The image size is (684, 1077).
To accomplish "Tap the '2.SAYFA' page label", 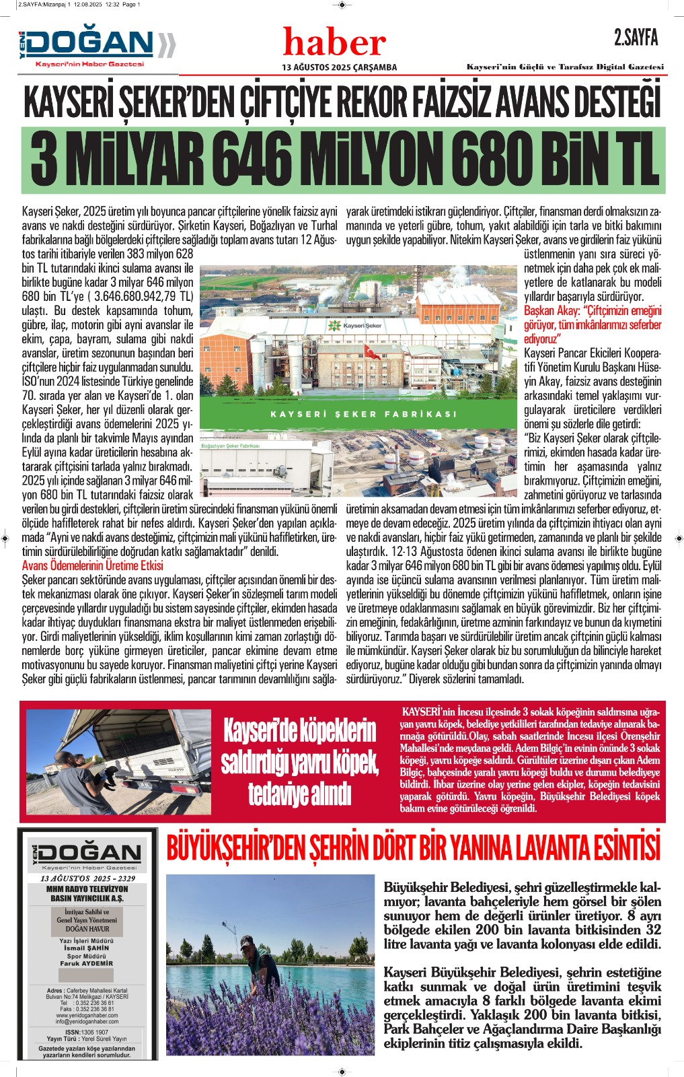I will [636, 38].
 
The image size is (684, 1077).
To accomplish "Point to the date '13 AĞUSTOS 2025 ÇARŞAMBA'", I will [339, 67].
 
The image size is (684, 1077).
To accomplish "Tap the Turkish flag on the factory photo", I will [371, 351].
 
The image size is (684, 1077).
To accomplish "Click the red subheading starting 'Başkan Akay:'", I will [592, 318].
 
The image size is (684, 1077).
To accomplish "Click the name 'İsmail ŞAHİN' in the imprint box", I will [86, 948].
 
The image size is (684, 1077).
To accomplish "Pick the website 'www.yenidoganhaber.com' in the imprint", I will [86, 1014].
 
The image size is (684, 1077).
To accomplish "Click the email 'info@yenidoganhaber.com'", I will [86, 1021].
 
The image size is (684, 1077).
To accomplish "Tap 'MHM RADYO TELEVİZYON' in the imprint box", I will [87, 889].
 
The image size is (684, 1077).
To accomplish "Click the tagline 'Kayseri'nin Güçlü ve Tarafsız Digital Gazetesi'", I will [565, 67].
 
